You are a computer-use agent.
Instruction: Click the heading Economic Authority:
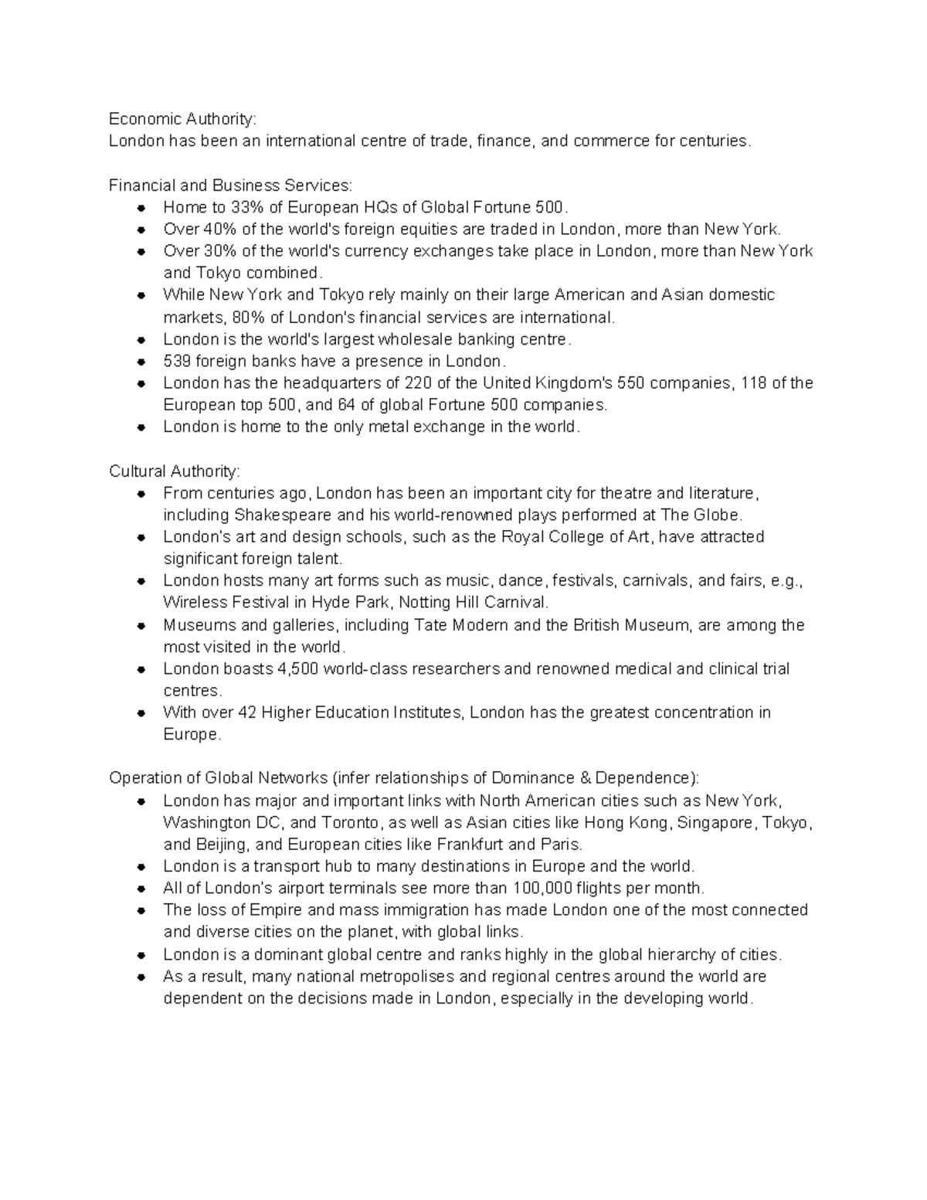pyautogui.click(x=182, y=119)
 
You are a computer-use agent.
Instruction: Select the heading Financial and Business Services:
pyautogui.click(x=230, y=185)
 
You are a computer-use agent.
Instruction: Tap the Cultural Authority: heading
pyautogui.click(x=175, y=471)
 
